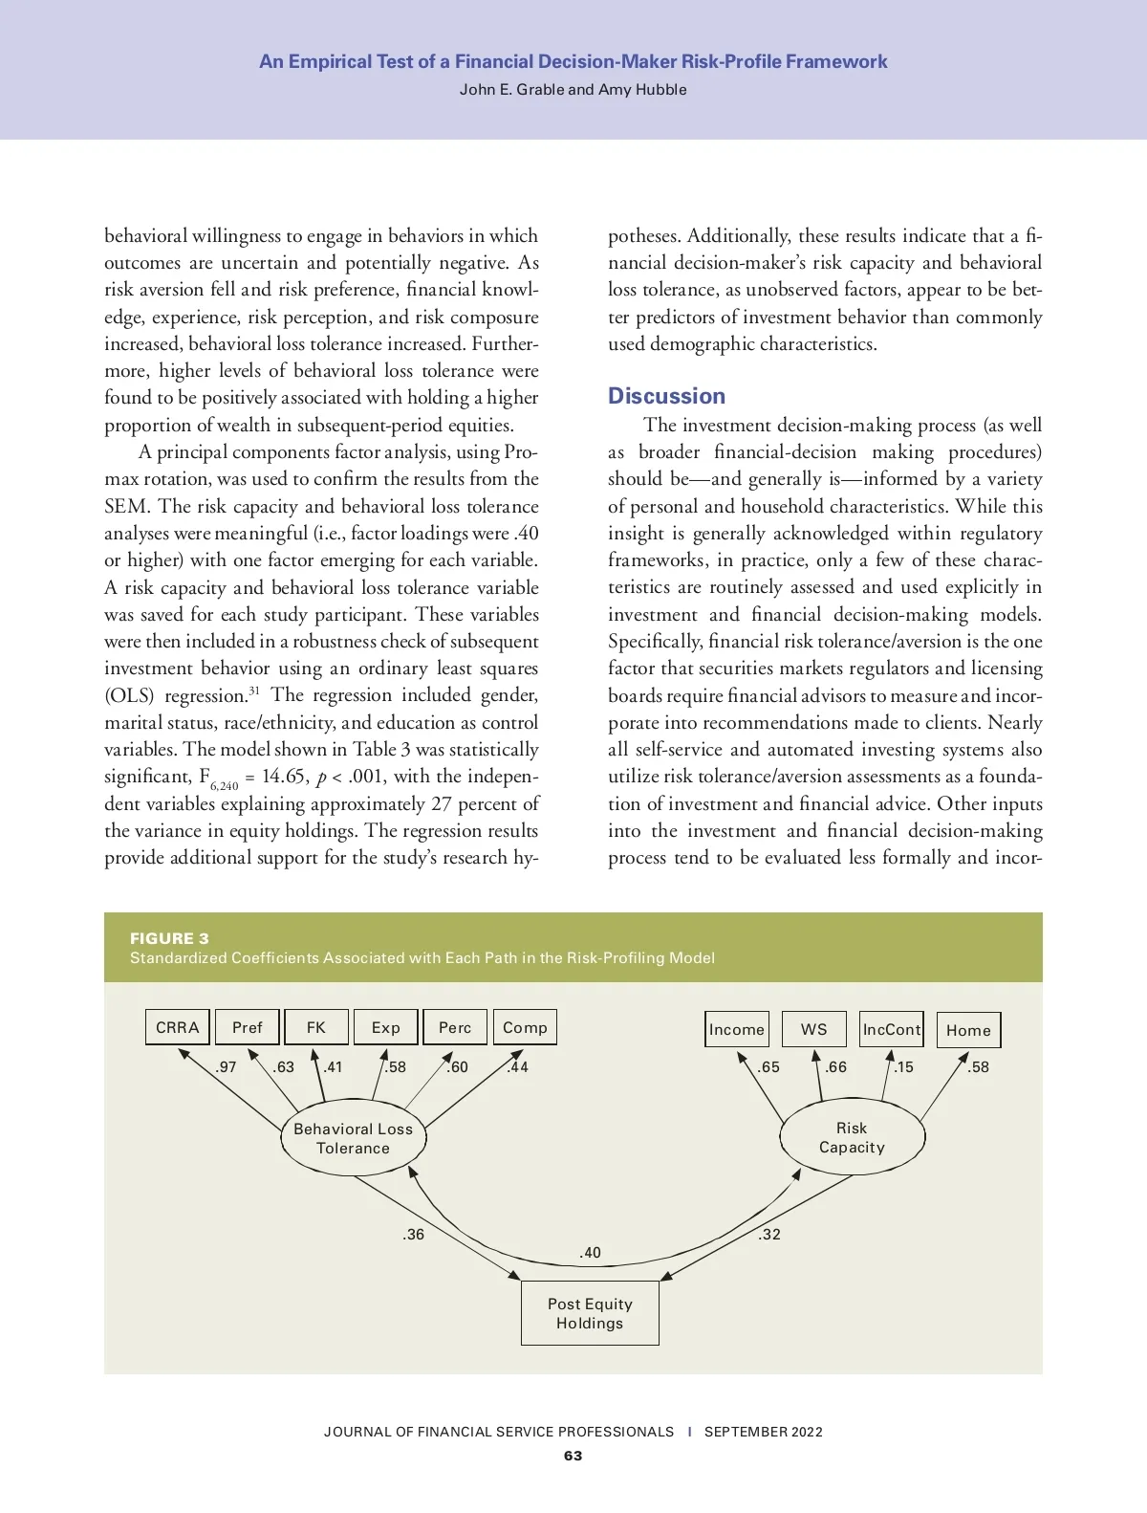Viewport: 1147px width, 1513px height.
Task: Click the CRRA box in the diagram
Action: point(178,1027)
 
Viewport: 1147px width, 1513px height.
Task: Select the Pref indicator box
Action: point(247,1027)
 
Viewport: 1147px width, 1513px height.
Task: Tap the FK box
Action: point(316,1027)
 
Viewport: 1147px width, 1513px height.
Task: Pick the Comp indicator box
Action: point(525,1027)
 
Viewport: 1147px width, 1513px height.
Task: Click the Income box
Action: point(736,1029)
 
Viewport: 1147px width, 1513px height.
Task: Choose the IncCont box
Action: point(891,1029)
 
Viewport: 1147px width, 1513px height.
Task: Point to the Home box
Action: point(968,1030)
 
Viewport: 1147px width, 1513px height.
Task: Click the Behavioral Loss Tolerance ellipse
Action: point(353,1138)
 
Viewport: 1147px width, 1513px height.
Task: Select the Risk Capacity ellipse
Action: point(852,1137)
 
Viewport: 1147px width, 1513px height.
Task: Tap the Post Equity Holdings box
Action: point(590,1313)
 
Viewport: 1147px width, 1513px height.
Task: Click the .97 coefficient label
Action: point(226,1067)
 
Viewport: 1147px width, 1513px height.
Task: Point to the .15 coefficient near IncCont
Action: point(903,1067)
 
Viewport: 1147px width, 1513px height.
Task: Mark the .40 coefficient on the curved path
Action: point(591,1253)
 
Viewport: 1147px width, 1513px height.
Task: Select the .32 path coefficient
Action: point(769,1235)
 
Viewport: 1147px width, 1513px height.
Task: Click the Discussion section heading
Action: point(666,396)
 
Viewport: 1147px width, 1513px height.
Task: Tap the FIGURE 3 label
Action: point(169,938)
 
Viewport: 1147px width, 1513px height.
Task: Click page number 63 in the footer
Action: point(573,1456)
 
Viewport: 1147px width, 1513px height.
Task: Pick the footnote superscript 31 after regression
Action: point(254,691)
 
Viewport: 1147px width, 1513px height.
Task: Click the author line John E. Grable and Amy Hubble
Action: point(573,90)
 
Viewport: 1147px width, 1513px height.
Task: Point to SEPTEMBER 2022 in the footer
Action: point(763,1432)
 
